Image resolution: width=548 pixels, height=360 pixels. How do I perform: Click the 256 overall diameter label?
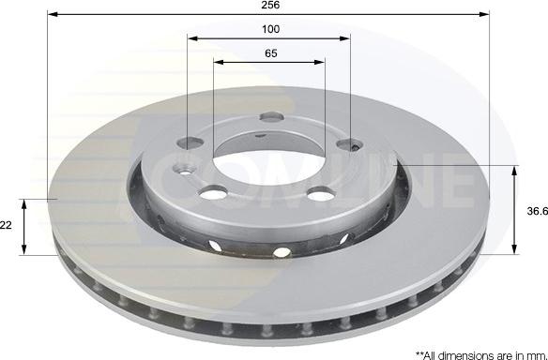coord(270,6)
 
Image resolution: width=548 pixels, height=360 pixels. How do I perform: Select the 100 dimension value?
coord(270,30)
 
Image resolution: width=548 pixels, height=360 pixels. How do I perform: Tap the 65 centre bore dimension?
coord(270,53)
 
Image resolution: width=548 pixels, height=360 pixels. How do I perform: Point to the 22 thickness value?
coord(6,226)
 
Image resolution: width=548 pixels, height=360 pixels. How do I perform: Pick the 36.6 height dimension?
coord(536,212)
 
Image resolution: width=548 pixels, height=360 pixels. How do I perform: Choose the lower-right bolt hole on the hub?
coord(321,193)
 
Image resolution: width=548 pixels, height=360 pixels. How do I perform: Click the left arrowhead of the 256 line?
coord(51,15)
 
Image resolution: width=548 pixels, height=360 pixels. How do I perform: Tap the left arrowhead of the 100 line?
coord(191,39)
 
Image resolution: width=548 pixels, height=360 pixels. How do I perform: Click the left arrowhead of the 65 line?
coord(218,63)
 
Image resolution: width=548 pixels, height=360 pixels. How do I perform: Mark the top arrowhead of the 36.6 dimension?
coord(514,170)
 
